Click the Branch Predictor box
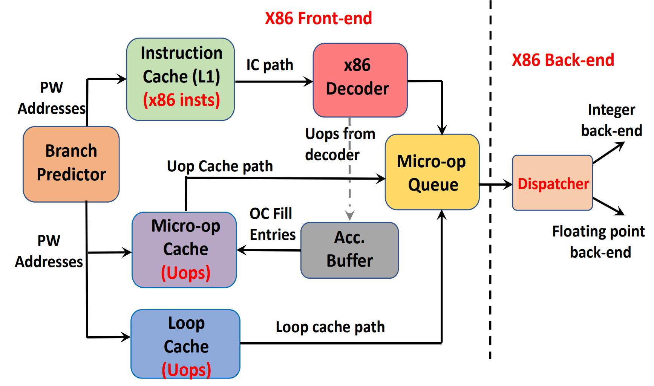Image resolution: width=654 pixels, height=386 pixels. click(71, 164)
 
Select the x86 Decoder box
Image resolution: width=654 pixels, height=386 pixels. click(360, 80)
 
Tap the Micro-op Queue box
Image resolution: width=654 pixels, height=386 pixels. click(432, 172)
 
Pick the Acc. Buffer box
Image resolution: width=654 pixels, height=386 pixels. click(349, 250)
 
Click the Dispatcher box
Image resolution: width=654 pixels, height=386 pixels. click(552, 183)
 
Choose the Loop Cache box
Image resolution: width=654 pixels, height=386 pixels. click(185, 343)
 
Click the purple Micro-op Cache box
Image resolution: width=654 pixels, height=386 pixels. click(184, 249)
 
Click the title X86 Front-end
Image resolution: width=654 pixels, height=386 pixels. click(318, 18)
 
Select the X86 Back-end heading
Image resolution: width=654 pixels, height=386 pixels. click(563, 60)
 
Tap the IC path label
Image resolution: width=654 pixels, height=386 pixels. click(270, 65)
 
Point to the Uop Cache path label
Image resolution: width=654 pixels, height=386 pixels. click(220, 166)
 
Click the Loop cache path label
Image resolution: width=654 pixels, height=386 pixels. click(330, 327)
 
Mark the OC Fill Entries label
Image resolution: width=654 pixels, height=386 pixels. click(272, 224)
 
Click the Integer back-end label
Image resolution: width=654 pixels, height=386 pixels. click(611, 120)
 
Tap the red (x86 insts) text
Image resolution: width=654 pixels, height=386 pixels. click(181, 100)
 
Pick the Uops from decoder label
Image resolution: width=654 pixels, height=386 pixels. click(339, 144)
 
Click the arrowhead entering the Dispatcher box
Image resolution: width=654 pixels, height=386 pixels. click(508, 185)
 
